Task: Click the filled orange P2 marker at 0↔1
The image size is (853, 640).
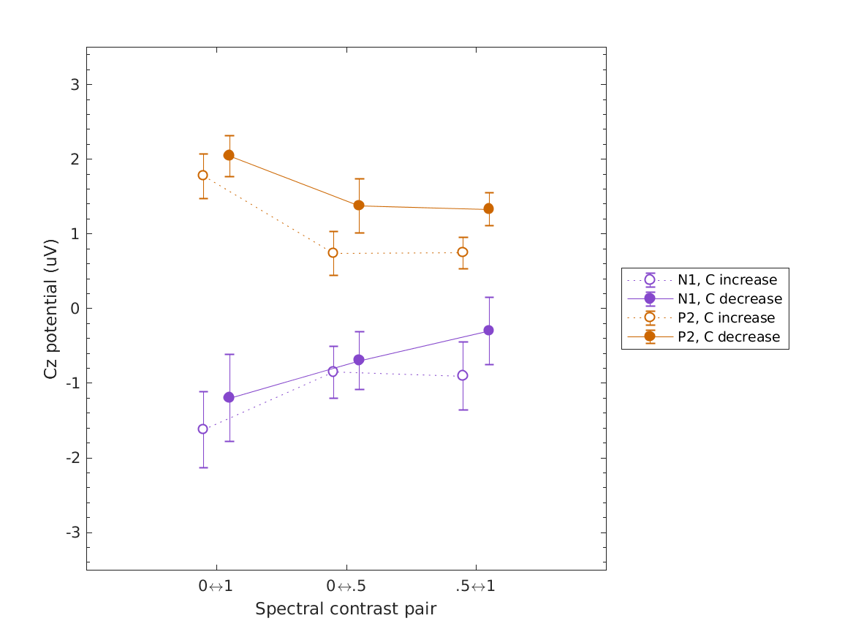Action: pyautogui.click(x=229, y=155)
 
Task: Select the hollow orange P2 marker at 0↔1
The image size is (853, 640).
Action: pyautogui.click(x=202, y=175)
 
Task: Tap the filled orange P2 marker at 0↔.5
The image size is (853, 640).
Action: pyautogui.click(x=359, y=206)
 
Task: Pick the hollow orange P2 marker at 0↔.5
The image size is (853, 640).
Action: pyautogui.click(x=333, y=253)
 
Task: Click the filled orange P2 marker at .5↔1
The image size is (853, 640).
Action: pyautogui.click(x=488, y=209)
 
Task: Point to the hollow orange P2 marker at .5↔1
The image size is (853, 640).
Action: pyautogui.click(x=463, y=252)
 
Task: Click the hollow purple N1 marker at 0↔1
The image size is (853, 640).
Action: pyautogui.click(x=202, y=429)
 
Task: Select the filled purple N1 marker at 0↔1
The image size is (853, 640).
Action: pyautogui.click(x=229, y=397)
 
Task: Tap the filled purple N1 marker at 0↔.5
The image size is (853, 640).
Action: pyautogui.click(x=359, y=360)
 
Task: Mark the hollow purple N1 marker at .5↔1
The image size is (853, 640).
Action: pyautogui.click(x=463, y=375)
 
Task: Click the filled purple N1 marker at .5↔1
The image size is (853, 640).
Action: pyautogui.click(x=488, y=330)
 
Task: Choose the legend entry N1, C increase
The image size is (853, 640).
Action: pyautogui.click(x=727, y=279)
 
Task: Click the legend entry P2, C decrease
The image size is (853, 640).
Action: pyautogui.click(x=728, y=337)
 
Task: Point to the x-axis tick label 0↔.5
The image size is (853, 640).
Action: pyautogui.click(x=346, y=587)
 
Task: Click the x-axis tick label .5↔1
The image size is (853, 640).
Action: pyautogui.click(x=475, y=587)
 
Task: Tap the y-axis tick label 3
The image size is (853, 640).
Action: pyautogui.click(x=75, y=84)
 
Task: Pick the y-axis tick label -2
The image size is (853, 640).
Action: pyautogui.click(x=72, y=458)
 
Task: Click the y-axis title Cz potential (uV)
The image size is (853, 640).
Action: pyautogui.click(x=50, y=308)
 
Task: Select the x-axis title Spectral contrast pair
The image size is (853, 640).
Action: pyautogui.click(x=346, y=609)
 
